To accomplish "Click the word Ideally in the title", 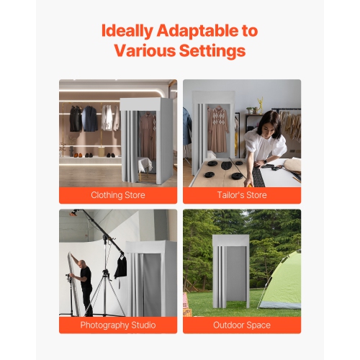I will [125, 31].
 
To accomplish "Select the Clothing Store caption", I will [118, 195].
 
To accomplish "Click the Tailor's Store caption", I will [242, 195].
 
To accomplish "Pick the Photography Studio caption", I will [118, 325].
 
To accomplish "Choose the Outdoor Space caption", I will [242, 325].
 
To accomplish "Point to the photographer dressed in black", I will [86, 284].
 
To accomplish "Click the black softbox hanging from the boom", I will [121, 266].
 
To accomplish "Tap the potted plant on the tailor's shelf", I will [260, 105].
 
